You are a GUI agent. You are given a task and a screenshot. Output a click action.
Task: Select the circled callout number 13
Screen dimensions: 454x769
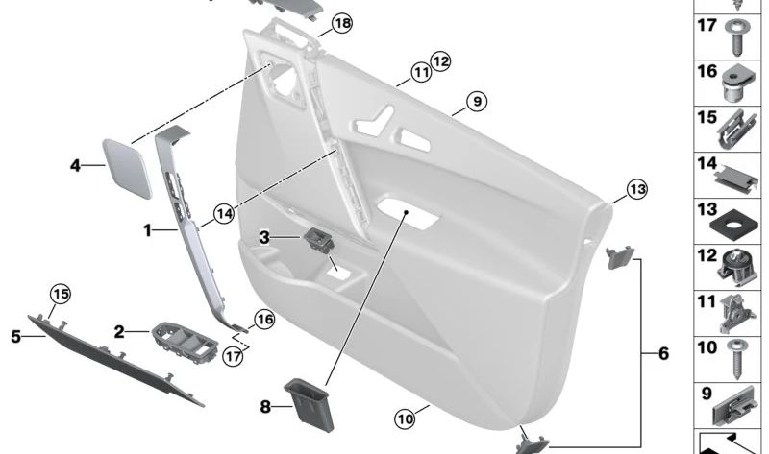click(x=637, y=190)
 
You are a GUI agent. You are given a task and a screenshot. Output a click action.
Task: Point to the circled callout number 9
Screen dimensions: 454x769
click(x=476, y=100)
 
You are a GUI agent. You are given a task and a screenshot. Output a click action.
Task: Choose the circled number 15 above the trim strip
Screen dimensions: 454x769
click(x=61, y=293)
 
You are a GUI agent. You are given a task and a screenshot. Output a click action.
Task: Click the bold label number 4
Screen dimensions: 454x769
click(x=75, y=166)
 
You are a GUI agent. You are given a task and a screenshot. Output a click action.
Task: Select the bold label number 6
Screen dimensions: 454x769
click(x=663, y=354)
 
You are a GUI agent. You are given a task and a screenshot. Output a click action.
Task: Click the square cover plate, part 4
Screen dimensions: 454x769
click(x=128, y=167)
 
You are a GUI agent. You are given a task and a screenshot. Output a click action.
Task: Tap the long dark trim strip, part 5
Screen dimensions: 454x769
click(x=115, y=355)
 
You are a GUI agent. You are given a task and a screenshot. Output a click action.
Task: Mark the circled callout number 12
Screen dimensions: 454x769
click(x=440, y=61)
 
